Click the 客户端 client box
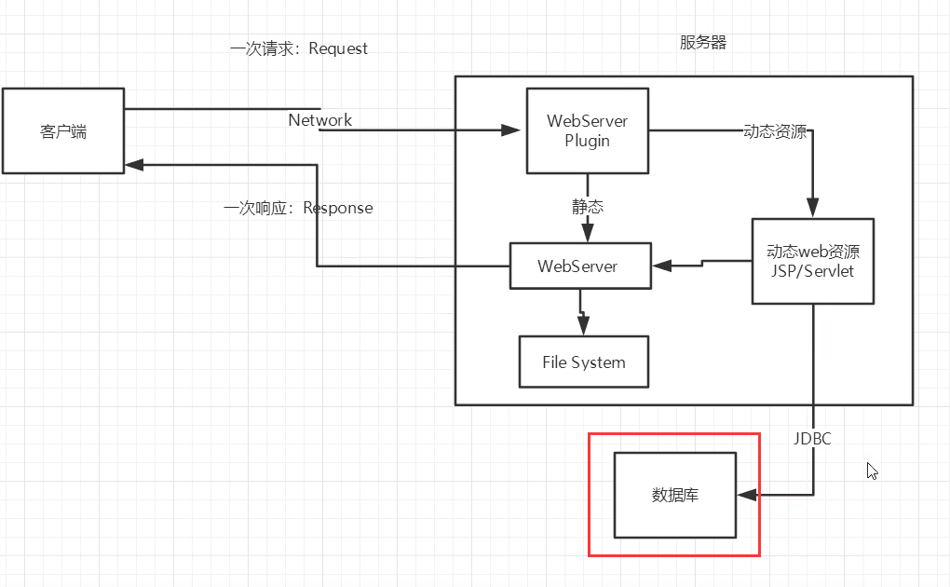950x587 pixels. click(63, 130)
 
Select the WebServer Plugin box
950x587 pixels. click(587, 130)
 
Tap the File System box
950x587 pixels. click(583, 362)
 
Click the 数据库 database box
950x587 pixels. click(675, 495)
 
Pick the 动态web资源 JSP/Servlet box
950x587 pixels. click(812, 261)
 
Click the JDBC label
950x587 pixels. click(812, 438)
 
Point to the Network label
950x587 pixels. click(319, 120)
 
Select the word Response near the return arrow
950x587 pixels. click(338, 208)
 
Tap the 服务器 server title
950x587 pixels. click(703, 43)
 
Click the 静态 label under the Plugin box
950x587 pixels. click(587, 207)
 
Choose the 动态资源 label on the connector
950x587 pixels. click(775, 131)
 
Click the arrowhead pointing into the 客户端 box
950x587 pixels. click(134, 164)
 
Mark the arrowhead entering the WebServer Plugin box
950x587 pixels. click(511, 130)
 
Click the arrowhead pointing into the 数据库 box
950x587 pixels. click(746, 495)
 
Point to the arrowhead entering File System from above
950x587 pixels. click(583, 326)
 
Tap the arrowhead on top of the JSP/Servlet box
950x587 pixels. click(812, 210)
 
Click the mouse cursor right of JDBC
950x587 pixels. click(872, 471)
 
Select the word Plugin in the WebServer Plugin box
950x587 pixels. click(587, 141)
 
